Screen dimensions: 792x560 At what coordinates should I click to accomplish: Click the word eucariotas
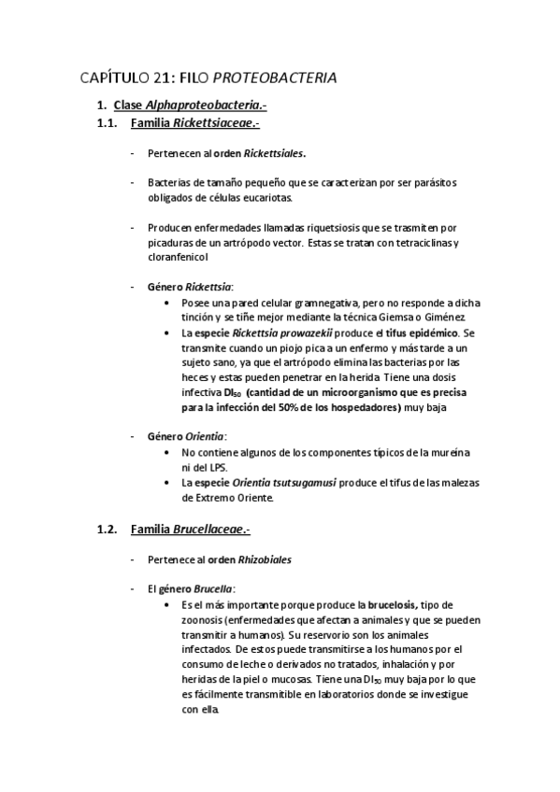click(x=266, y=198)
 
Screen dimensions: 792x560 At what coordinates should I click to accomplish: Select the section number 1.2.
click(x=108, y=530)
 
